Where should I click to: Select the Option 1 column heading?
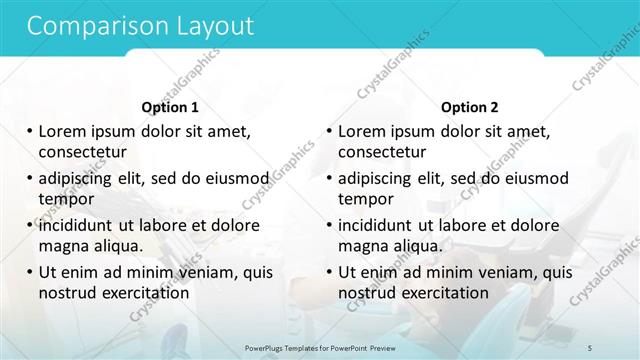point(170,107)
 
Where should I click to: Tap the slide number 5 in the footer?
point(619,347)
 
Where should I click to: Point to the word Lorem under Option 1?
point(63,132)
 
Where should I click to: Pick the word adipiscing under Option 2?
point(379,179)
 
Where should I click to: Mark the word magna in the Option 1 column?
point(63,245)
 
